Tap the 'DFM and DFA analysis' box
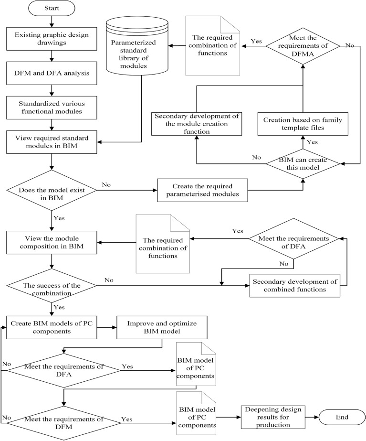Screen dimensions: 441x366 [x=52, y=74]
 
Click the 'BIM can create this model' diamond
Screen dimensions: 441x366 [x=302, y=164]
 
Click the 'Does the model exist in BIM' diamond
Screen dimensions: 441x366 [x=52, y=190]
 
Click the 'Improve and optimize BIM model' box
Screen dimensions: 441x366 [x=162, y=327]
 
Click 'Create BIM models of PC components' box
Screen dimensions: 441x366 [x=52, y=327]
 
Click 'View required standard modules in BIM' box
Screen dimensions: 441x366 [x=52, y=142]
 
